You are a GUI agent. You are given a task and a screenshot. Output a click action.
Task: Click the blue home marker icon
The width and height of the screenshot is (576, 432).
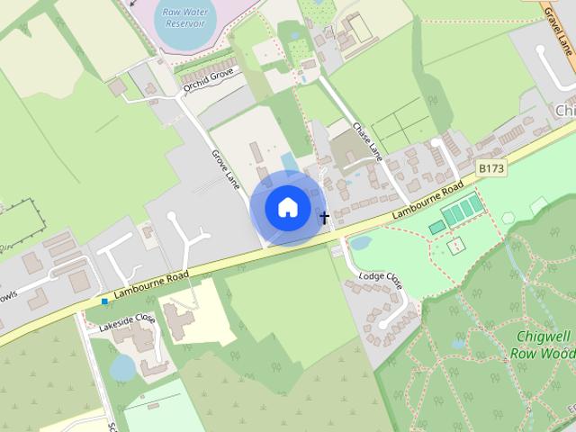[287, 208]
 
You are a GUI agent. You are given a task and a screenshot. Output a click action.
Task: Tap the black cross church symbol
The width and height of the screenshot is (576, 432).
[325, 217]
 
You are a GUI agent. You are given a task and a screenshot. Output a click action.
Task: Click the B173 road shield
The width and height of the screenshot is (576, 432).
[490, 168]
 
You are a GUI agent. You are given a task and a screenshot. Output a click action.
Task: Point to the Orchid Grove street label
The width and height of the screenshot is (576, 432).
[209, 80]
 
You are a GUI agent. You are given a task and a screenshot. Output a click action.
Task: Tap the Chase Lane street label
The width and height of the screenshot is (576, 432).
[369, 142]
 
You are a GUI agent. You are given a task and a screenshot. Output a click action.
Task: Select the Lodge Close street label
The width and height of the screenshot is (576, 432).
[381, 280]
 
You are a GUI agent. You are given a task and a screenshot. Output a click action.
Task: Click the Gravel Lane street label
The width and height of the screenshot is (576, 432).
[560, 31]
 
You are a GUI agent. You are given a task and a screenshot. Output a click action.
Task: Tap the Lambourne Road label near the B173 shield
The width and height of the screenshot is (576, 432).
[428, 202]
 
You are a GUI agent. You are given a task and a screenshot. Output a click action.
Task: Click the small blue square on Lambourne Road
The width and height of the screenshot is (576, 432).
[105, 301]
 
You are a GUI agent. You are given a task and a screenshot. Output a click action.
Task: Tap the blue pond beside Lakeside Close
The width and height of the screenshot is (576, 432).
[123, 367]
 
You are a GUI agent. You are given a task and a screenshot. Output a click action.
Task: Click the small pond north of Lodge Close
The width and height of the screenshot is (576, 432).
[360, 243]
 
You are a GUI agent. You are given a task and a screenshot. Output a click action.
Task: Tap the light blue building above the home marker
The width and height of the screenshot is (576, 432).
[288, 162]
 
